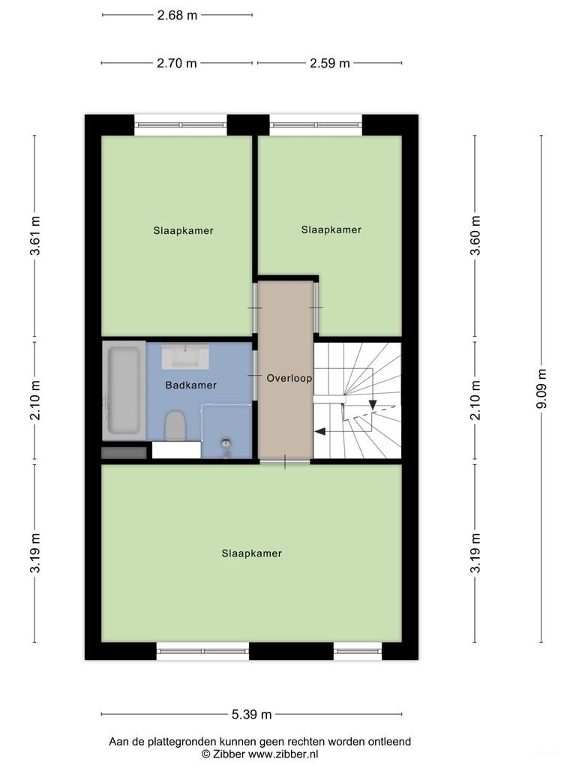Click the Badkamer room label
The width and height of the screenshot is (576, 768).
[x=190, y=385]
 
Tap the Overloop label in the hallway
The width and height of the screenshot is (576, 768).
[x=289, y=379]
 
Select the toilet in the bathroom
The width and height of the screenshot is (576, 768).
[x=175, y=425]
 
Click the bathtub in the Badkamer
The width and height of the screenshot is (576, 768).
[x=124, y=390]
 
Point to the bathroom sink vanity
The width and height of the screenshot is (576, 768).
[x=184, y=355]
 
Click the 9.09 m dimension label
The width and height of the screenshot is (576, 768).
[x=541, y=389]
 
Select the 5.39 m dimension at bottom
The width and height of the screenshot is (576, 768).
[x=252, y=714]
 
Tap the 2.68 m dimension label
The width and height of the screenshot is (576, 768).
[x=177, y=15]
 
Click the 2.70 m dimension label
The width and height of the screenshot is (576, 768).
[x=177, y=63]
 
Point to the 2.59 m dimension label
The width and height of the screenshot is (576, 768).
[x=329, y=63]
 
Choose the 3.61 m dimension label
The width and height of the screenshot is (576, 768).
[x=34, y=236]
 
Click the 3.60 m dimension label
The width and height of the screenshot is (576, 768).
[x=475, y=236]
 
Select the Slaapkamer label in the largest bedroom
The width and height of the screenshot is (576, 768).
[x=251, y=553]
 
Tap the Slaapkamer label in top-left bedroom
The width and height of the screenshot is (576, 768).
[x=183, y=230]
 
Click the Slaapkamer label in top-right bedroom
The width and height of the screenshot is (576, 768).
[x=331, y=229]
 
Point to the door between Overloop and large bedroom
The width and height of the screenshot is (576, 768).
[x=285, y=462]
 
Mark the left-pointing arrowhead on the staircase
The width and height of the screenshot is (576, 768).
[x=319, y=431]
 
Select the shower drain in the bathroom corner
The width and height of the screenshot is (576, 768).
[x=226, y=444]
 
